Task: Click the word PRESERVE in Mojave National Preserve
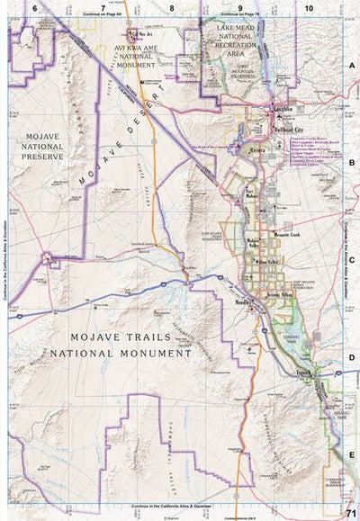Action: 39,156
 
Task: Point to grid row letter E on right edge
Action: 352,457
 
